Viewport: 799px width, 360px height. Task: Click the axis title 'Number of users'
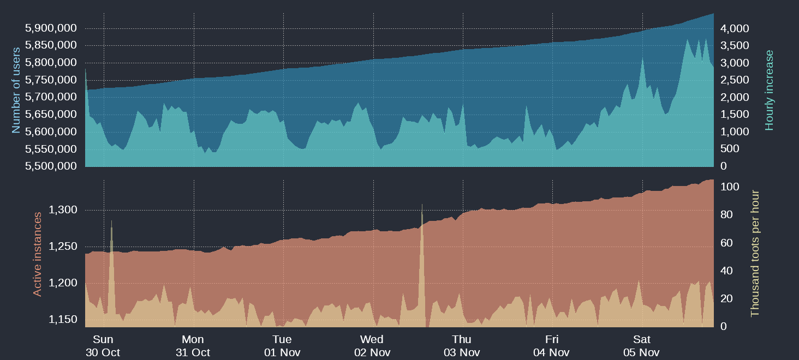pos(16,91)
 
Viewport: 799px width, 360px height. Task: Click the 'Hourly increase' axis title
pos(770,91)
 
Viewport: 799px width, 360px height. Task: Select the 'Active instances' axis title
pos(37,254)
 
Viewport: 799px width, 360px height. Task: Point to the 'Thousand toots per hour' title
pos(755,253)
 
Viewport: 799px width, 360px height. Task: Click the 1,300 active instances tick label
pos(63,210)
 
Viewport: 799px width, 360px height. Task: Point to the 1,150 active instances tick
pos(63,319)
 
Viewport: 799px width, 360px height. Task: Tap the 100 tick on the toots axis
pos(730,187)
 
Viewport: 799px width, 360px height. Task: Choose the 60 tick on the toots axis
pos(727,243)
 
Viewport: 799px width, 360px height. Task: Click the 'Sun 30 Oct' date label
pos(103,346)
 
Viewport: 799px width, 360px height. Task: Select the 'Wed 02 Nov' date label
pos(372,346)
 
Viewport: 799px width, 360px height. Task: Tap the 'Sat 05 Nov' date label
pos(641,346)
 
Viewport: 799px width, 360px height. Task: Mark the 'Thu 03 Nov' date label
pos(462,346)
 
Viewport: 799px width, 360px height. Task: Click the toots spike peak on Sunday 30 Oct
pos(111,221)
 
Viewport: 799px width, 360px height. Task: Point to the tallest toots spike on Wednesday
pos(422,205)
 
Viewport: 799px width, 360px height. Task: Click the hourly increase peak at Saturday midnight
pos(643,57)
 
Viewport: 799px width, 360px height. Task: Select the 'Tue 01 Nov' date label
pos(282,346)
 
